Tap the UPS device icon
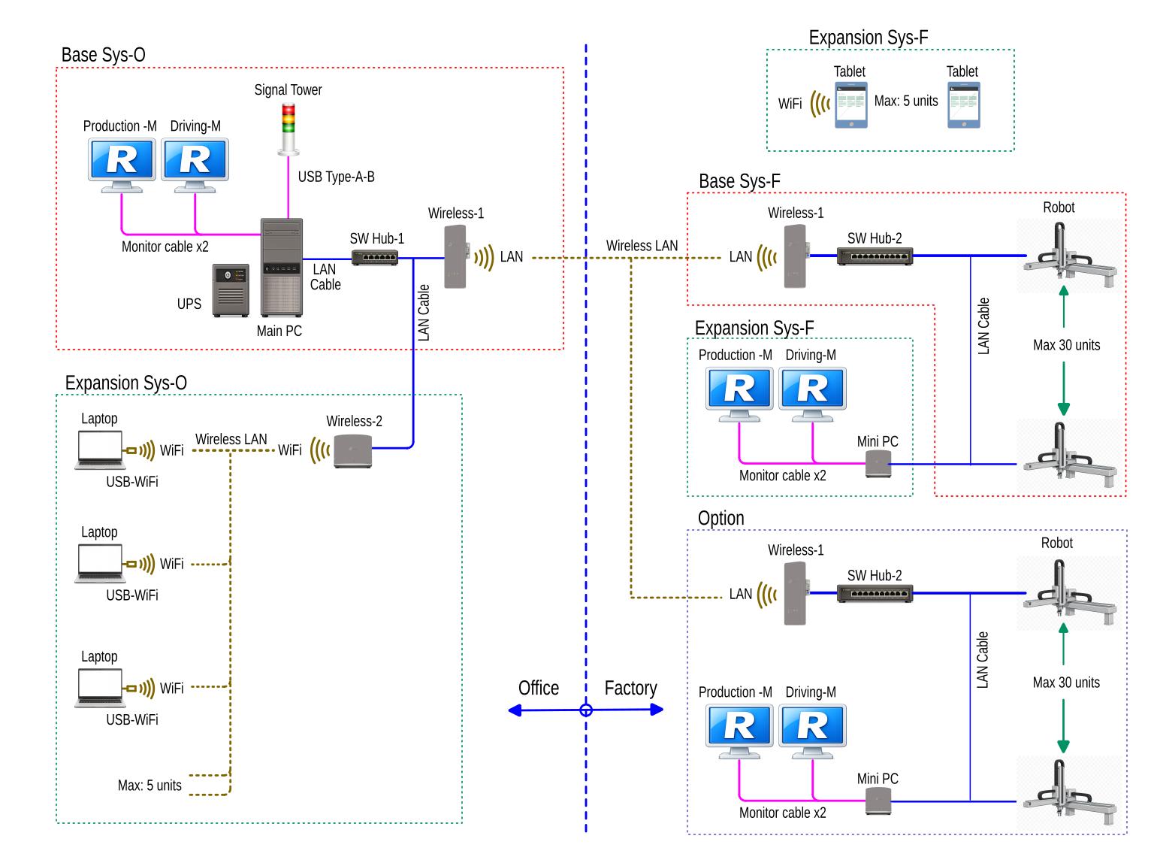point(231,289)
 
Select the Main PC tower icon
point(281,267)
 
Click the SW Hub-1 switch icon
point(374,257)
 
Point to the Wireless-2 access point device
point(353,450)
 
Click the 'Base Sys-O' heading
point(103,55)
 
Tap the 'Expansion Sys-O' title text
point(125,383)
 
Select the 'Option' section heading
point(720,518)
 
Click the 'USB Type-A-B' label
point(336,177)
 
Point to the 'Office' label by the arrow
point(538,688)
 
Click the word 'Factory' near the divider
point(630,688)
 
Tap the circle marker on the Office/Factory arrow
point(586,710)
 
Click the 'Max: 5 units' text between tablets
point(905,101)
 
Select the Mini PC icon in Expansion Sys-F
point(878,465)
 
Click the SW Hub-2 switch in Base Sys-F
point(875,256)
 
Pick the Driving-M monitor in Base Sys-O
point(195,165)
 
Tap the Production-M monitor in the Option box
point(739,731)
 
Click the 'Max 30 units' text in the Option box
point(1065,683)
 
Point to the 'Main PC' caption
point(279,331)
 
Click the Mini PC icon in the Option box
point(878,801)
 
